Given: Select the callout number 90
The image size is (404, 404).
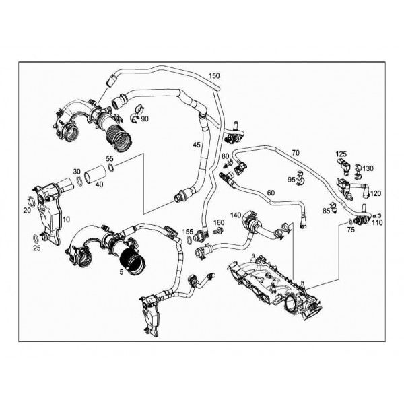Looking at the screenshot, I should pyautogui.click(x=145, y=119).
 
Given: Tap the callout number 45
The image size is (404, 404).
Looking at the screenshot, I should pyautogui.click(x=196, y=145).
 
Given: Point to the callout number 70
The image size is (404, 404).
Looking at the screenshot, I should pyautogui.click(x=295, y=153).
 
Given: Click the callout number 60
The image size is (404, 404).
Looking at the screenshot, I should pyautogui.click(x=270, y=193).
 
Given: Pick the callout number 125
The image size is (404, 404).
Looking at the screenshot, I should pyautogui.click(x=342, y=154).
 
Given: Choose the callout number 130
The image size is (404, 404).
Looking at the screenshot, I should pyautogui.click(x=368, y=168).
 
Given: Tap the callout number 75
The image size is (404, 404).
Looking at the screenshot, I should pyautogui.click(x=350, y=230).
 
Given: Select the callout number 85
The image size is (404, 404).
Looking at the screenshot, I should pyautogui.click(x=326, y=211).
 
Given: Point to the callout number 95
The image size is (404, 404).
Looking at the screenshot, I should pyautogui.click(x=291, y=180).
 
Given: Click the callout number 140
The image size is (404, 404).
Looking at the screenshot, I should pyautogui.click(x=236, y=215).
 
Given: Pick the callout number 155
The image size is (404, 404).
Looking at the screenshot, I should pyautogui.click(x=188, y=232).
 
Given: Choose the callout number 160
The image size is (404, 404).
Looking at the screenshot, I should pyautogui.click(x=219, y=222).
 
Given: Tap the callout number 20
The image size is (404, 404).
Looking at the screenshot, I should pyautogui.click(x=27, y=210).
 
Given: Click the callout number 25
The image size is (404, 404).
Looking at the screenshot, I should pyautogui.click(x=36, y=248).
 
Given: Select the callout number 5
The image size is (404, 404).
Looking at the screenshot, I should pyautogui.click(x=121, y=273).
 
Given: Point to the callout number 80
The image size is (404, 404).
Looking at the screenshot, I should pyautogui.click(x=224, y=156).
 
